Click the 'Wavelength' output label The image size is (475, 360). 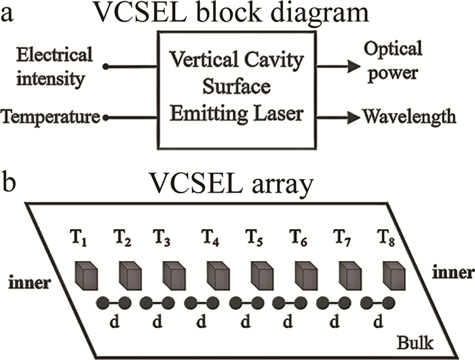point(408,117)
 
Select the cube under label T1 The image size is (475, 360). point(86,275)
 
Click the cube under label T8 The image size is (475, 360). point(394,275)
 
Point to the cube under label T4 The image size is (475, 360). point(218,275)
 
